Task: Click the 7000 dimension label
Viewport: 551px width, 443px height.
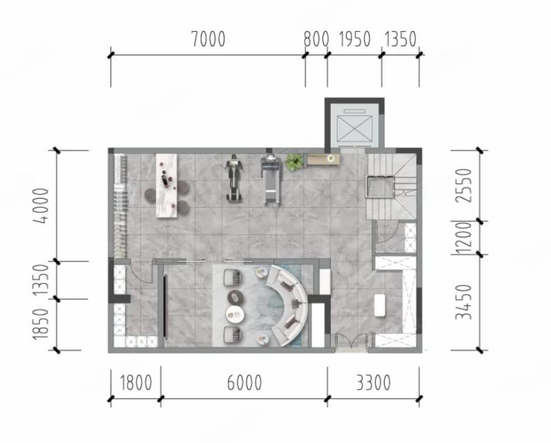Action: tap(209, 39)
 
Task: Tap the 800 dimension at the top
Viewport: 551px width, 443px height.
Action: tap(316, 39)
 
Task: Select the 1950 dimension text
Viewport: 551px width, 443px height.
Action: tap(355, 39)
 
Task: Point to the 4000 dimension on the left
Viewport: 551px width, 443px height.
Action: tap(41, 206)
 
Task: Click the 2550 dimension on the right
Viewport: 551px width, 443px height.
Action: tap(464, 185)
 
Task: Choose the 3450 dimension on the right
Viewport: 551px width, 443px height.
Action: tap(464, 302)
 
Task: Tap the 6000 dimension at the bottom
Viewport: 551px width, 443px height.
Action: tap(244, 382)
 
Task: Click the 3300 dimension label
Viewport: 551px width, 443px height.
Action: tap(373, 382)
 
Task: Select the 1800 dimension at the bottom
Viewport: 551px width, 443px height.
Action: tap(136, 382)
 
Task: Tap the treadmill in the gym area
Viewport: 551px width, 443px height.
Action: tap(271, 179)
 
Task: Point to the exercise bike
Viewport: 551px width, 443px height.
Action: tap(234, 178)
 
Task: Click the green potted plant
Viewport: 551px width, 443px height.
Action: tap(294, 161)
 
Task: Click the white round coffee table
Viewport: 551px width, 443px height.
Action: tap(235, 314)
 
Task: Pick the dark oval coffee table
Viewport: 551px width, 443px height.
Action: tap(235, 297)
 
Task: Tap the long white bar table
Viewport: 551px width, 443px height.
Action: tap(166, 186)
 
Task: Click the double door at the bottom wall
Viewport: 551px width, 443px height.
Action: tap(351, 342)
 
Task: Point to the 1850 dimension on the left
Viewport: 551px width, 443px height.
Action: tap(41, 324)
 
